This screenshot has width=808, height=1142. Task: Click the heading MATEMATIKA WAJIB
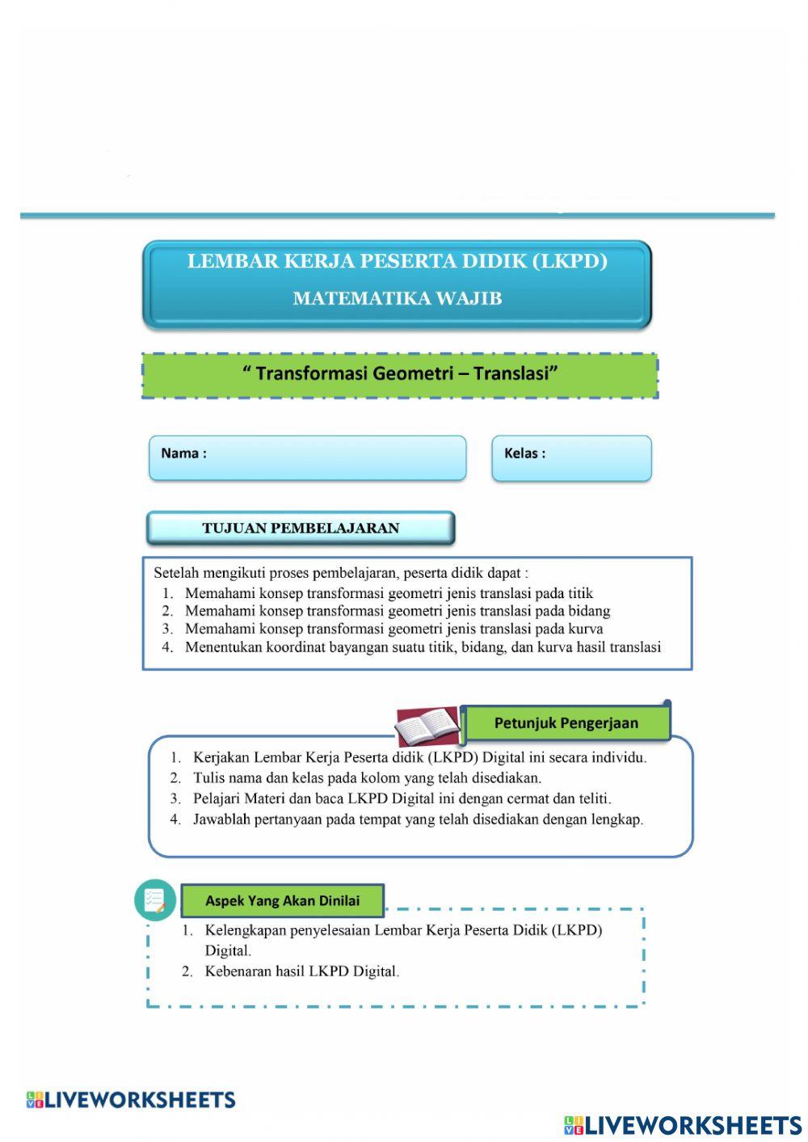(397, 298)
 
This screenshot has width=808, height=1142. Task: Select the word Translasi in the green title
(516, 373)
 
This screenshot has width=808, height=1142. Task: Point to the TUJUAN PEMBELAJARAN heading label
(301, 529)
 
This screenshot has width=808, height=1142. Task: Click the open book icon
(427, 727)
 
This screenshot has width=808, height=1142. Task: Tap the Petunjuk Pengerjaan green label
(566, 723)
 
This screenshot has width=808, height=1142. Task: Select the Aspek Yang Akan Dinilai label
(282, 900)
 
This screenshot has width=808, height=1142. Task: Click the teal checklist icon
(155, 900)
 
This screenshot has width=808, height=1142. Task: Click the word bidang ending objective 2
(589, 611)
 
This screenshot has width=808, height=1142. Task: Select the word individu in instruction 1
(618, 758)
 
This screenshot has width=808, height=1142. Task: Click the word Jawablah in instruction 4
(222, 819)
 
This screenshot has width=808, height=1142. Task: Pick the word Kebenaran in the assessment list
(237, 971)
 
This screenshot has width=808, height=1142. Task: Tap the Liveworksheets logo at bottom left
(131, 1100)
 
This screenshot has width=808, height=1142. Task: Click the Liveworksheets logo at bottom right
(683, 1124)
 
